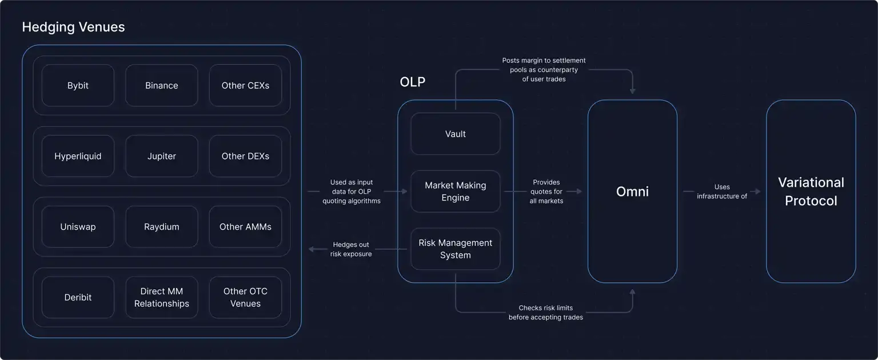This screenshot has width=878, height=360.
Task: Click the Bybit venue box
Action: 78,86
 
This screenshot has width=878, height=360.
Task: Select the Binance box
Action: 162,86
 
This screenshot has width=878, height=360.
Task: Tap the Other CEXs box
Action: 245,86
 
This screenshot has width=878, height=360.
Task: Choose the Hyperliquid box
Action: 78,156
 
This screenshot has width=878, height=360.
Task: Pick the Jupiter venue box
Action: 162,156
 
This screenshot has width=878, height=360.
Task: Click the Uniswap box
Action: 78,227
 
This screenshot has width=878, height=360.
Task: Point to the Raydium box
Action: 162,227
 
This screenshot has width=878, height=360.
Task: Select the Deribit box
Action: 78,297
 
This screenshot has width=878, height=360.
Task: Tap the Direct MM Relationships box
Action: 162,297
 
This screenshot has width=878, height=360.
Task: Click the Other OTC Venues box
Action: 245,297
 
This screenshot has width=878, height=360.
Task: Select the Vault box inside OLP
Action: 456,134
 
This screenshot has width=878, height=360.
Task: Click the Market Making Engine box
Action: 456,191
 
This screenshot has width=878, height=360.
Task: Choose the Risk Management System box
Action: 456,249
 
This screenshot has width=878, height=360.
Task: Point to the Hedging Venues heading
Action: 73,27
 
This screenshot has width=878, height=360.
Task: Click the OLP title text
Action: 412,82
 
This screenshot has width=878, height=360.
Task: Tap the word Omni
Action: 632,191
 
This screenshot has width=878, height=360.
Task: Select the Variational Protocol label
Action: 811,191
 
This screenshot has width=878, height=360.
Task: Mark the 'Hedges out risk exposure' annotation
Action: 351,249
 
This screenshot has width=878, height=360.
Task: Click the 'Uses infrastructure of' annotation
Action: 722,191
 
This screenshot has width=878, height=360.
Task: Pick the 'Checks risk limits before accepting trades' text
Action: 546,313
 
